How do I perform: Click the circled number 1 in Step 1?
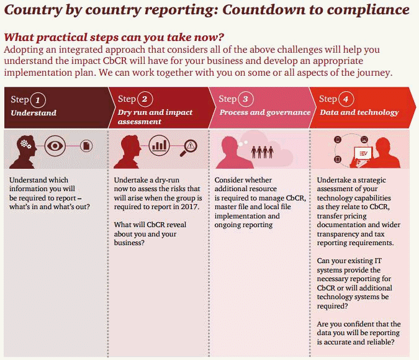38,99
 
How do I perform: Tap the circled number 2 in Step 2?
145,99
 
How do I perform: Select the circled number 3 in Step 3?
246,99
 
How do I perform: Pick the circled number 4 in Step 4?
345,99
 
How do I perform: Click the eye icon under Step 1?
55,146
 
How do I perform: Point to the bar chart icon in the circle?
160,146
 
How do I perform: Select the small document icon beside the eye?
86,146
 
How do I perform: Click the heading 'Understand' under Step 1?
34,113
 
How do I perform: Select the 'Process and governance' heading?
265,113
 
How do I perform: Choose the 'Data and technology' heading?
359,113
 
